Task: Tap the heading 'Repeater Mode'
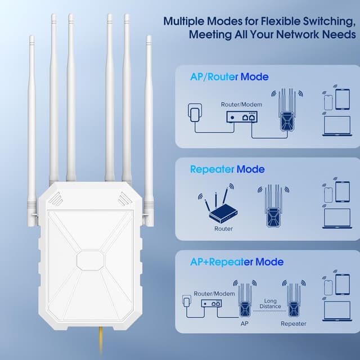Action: click(227, 169)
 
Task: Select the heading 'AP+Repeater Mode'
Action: click(236, 262)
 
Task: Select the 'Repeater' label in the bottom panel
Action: click(293, 323)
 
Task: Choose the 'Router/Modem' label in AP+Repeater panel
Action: click(214, 294)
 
